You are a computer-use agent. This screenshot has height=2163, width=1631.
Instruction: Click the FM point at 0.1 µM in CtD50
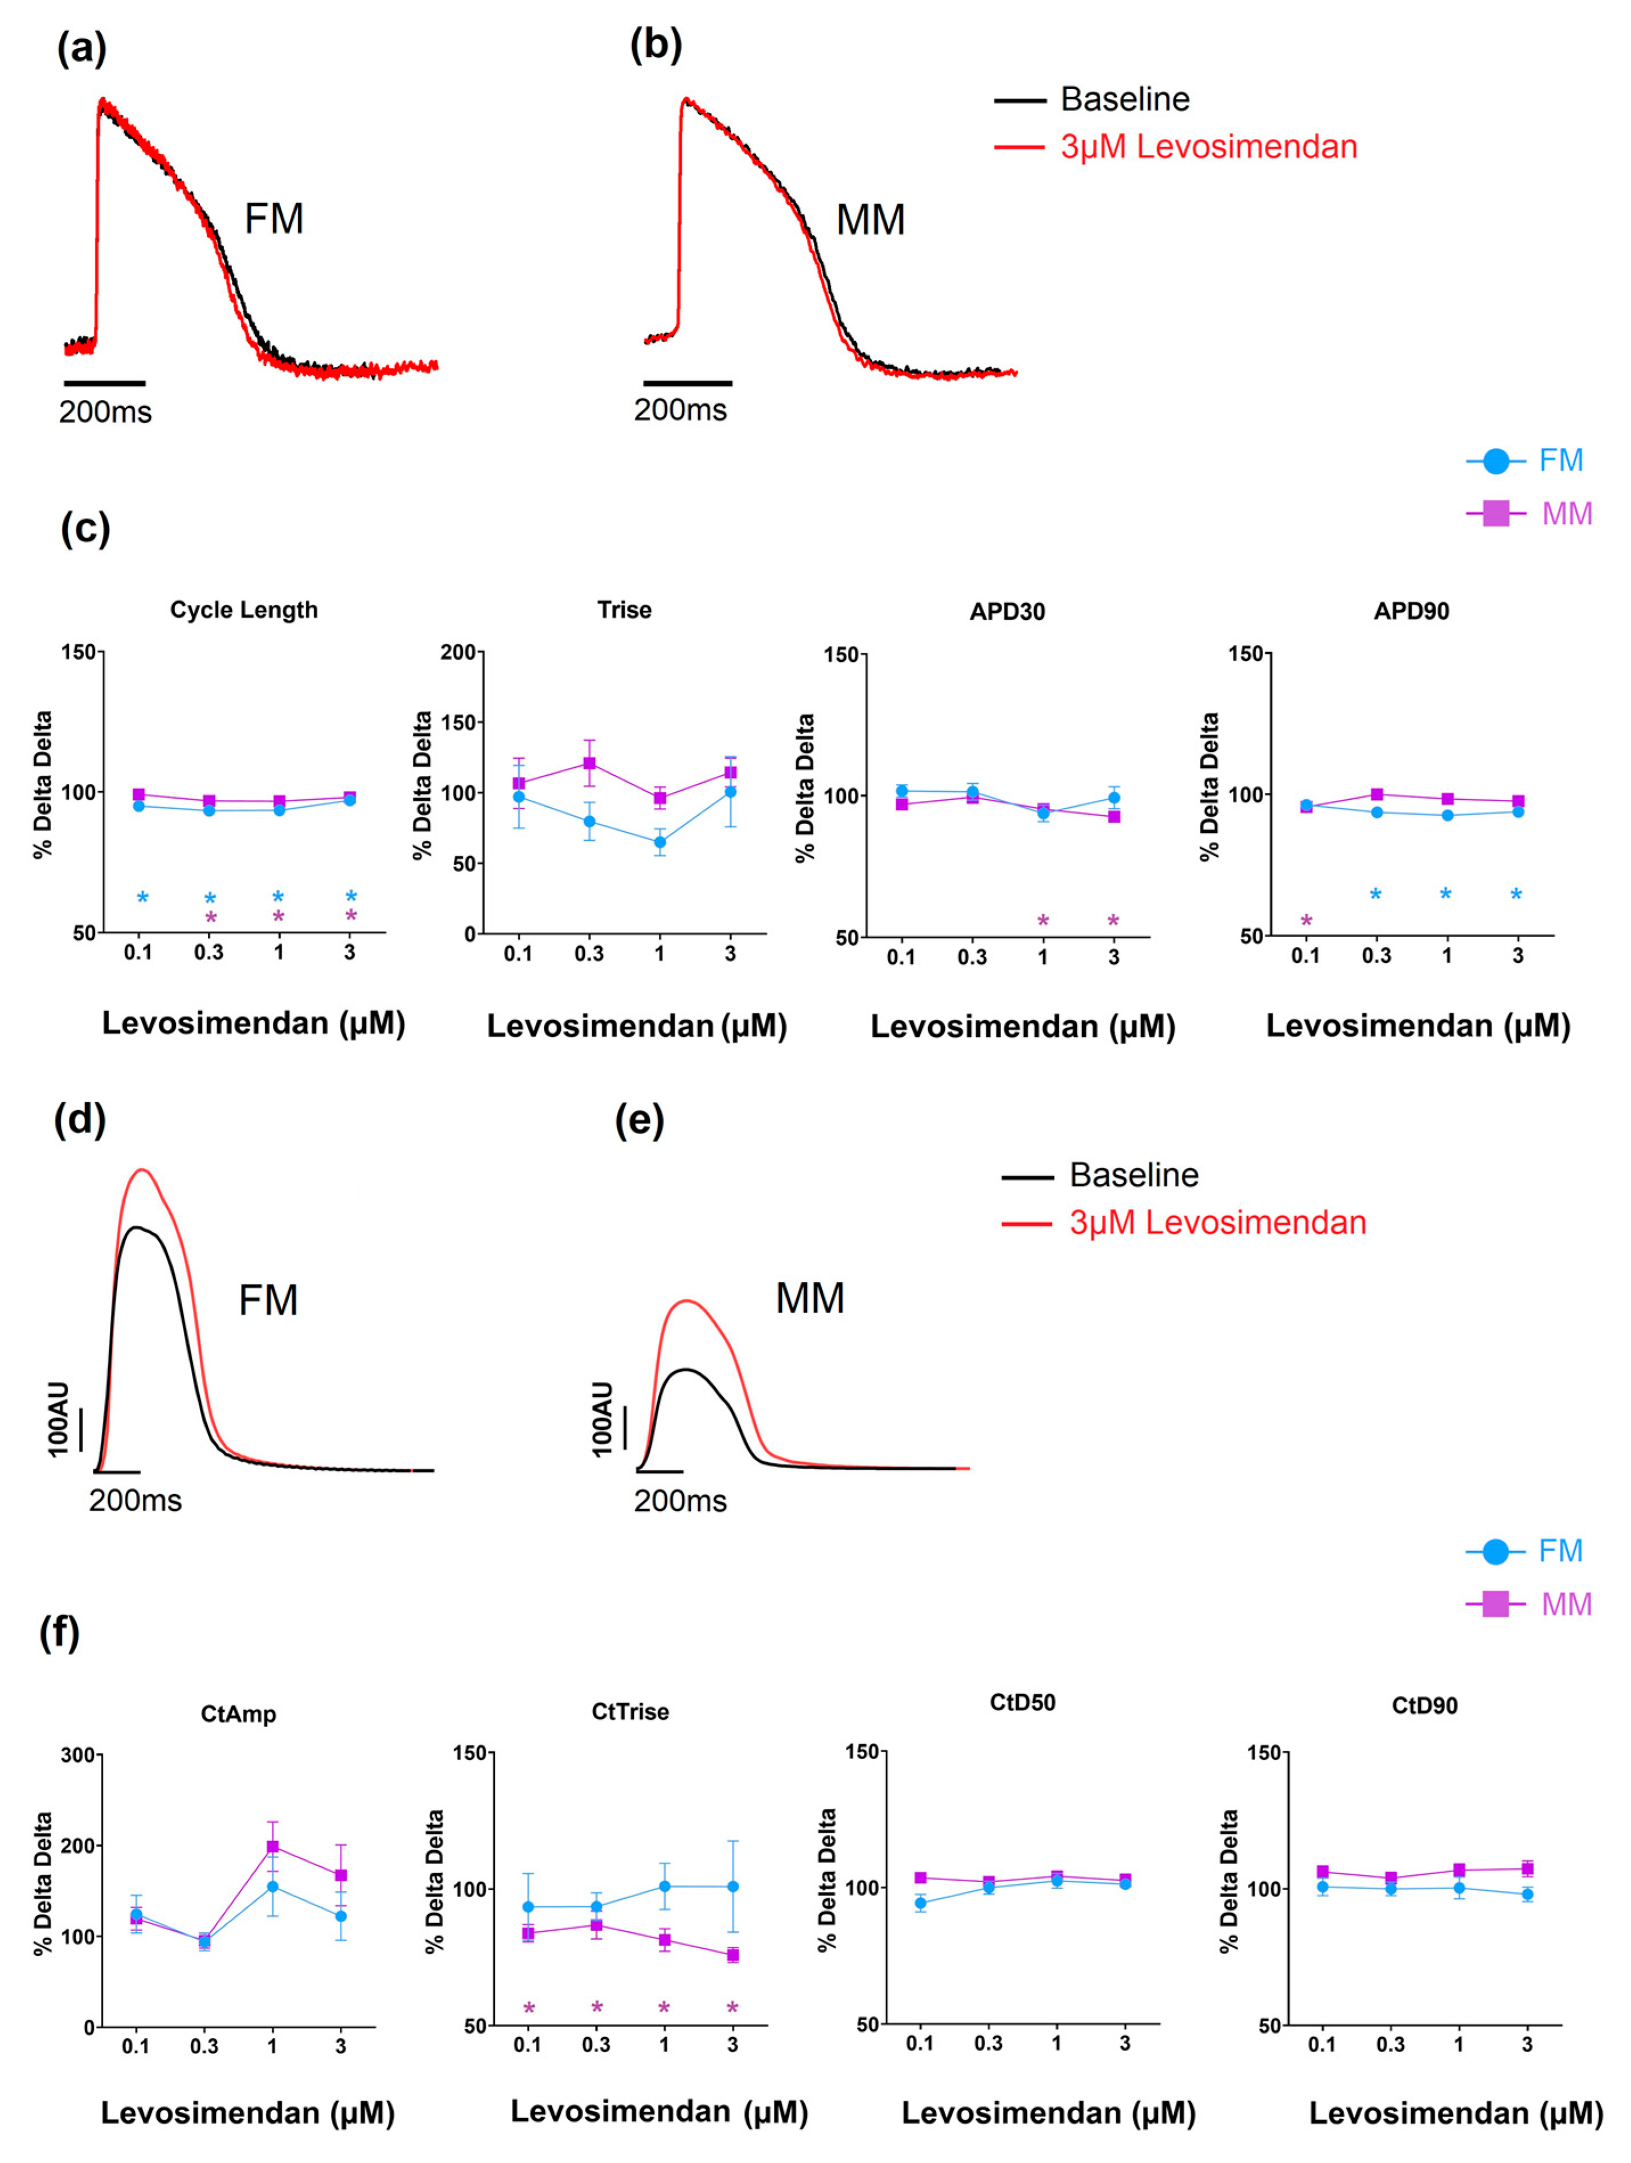(x=920, y=1903)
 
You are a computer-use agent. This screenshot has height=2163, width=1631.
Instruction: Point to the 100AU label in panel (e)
(x=603, y=1419)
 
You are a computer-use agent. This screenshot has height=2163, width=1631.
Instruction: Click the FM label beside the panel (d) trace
(x=268, y=1301)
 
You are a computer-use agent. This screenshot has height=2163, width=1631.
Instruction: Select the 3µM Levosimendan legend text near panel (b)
(x=1208, y=146)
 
